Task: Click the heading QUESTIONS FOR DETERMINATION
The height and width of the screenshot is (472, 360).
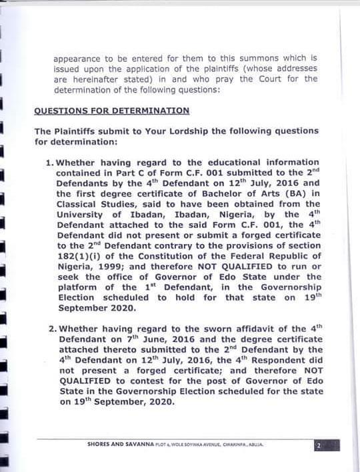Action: [111, 111]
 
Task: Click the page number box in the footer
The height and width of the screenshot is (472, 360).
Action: [319, 445]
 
